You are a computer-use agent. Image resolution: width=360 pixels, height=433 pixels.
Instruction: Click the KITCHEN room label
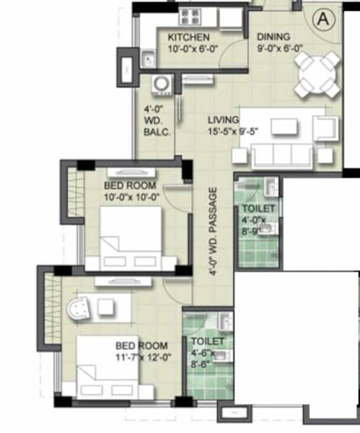[x=188, y=38]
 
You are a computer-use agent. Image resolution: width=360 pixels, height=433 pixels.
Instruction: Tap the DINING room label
[x=273, y=37]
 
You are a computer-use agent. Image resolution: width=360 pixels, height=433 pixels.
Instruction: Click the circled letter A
[x=322, y=19]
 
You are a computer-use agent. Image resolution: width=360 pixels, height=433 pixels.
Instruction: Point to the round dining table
[x=318, y=71]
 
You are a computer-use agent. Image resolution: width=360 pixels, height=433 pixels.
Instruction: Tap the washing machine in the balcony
[x=163, y=84]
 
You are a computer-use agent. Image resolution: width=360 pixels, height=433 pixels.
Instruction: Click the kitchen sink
[x=149, y=58]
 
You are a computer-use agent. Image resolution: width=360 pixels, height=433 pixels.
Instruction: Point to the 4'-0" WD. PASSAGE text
[x=213, y=233]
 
